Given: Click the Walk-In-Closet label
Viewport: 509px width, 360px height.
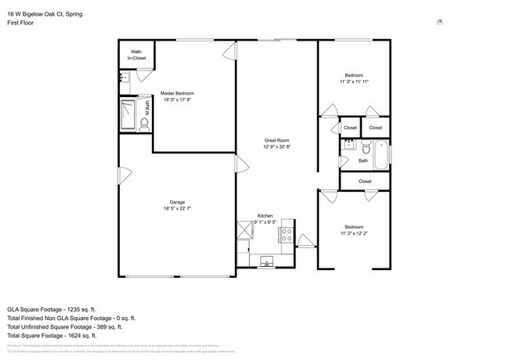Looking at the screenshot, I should point(138,55).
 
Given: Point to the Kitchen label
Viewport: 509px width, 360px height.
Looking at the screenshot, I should point(265,215).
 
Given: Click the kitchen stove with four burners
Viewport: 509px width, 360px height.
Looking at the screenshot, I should point(286,233).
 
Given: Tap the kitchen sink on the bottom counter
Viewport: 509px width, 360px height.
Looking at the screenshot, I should point(267,261).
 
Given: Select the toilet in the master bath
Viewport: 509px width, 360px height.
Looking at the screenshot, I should point(144,122).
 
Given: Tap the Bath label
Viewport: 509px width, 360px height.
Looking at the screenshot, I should point(363,161).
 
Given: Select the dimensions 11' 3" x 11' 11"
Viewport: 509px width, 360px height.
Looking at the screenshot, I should point(354,81).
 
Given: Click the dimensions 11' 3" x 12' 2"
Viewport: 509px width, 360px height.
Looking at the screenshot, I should point(354,232).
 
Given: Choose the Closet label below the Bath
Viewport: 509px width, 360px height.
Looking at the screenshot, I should point(365,181).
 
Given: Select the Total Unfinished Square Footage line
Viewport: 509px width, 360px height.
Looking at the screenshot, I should point(70,327).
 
